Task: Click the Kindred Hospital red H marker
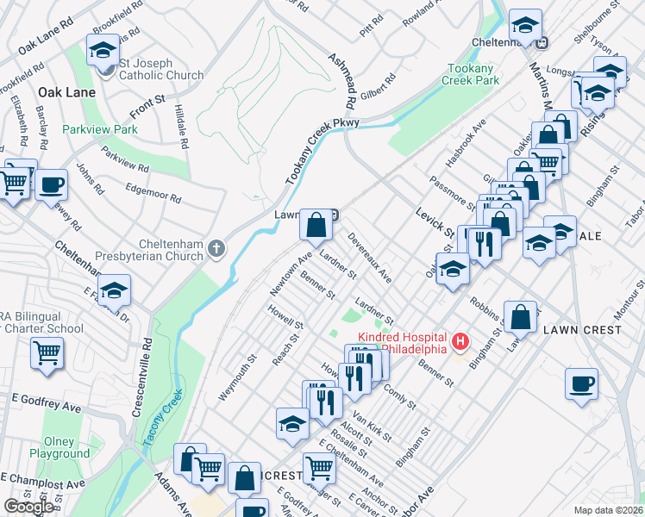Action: click(460, 342)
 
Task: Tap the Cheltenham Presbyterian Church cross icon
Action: click(216, 250)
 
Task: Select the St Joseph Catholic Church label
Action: click(161, 69)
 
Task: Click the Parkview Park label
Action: click(100, 129)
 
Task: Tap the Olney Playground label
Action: click(59, 446)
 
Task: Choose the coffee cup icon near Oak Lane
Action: click(51, 184)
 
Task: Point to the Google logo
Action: click(28, 507)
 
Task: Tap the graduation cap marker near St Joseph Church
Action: click(103, 50)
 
